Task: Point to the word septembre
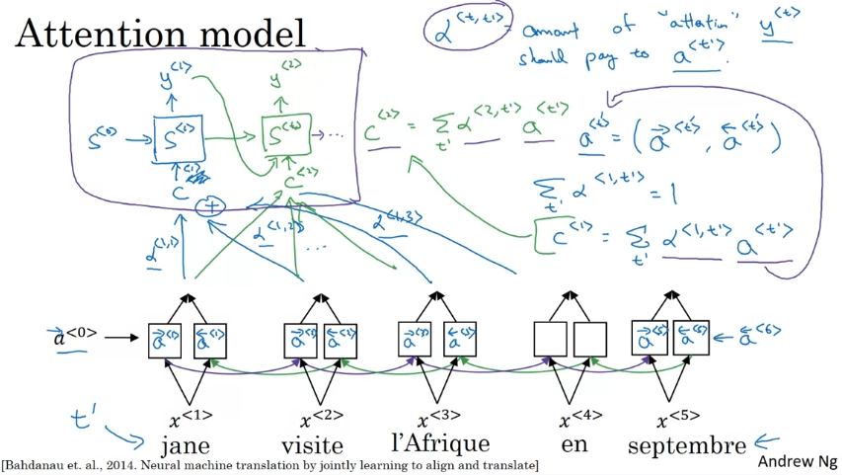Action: (687, 444)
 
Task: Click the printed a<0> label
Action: (75, 338)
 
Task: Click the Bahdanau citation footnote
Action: (269, 464)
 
